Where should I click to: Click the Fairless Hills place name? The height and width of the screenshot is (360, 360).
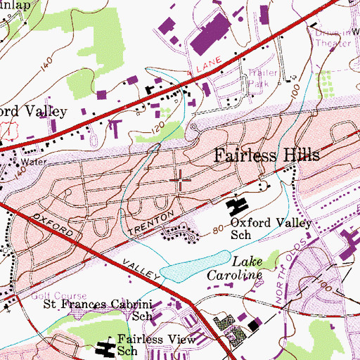pos(266,155)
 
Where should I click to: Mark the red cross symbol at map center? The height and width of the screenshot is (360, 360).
pos(180,180)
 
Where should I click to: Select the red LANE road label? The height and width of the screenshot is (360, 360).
pos(207,64)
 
